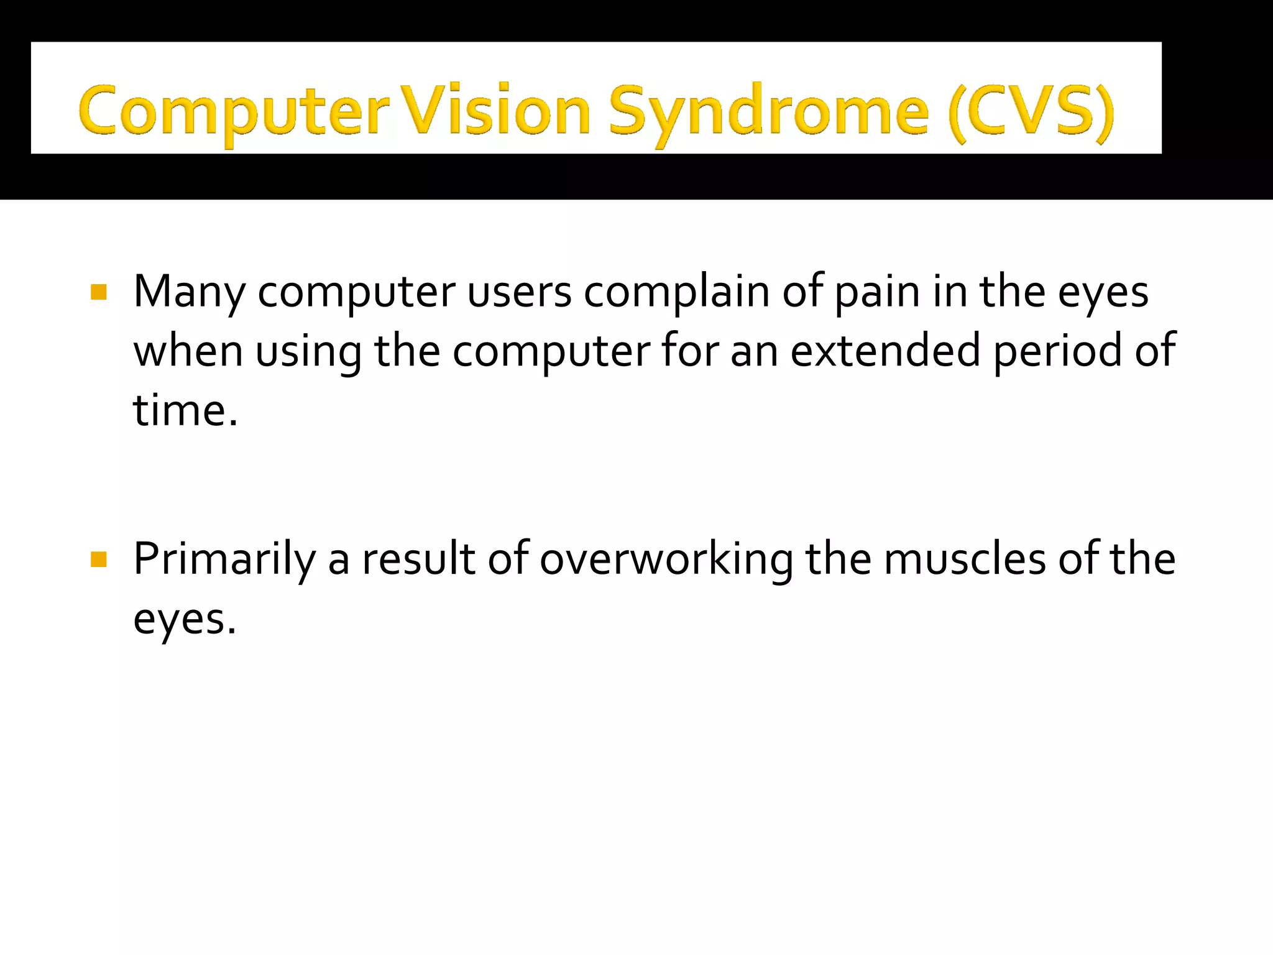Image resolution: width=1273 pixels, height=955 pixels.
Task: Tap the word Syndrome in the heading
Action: (768, 112)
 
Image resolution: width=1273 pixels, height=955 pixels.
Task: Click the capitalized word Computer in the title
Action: (233, 112)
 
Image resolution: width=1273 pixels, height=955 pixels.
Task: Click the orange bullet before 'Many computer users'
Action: (99, 292)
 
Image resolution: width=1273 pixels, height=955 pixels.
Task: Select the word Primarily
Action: (224, 560)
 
